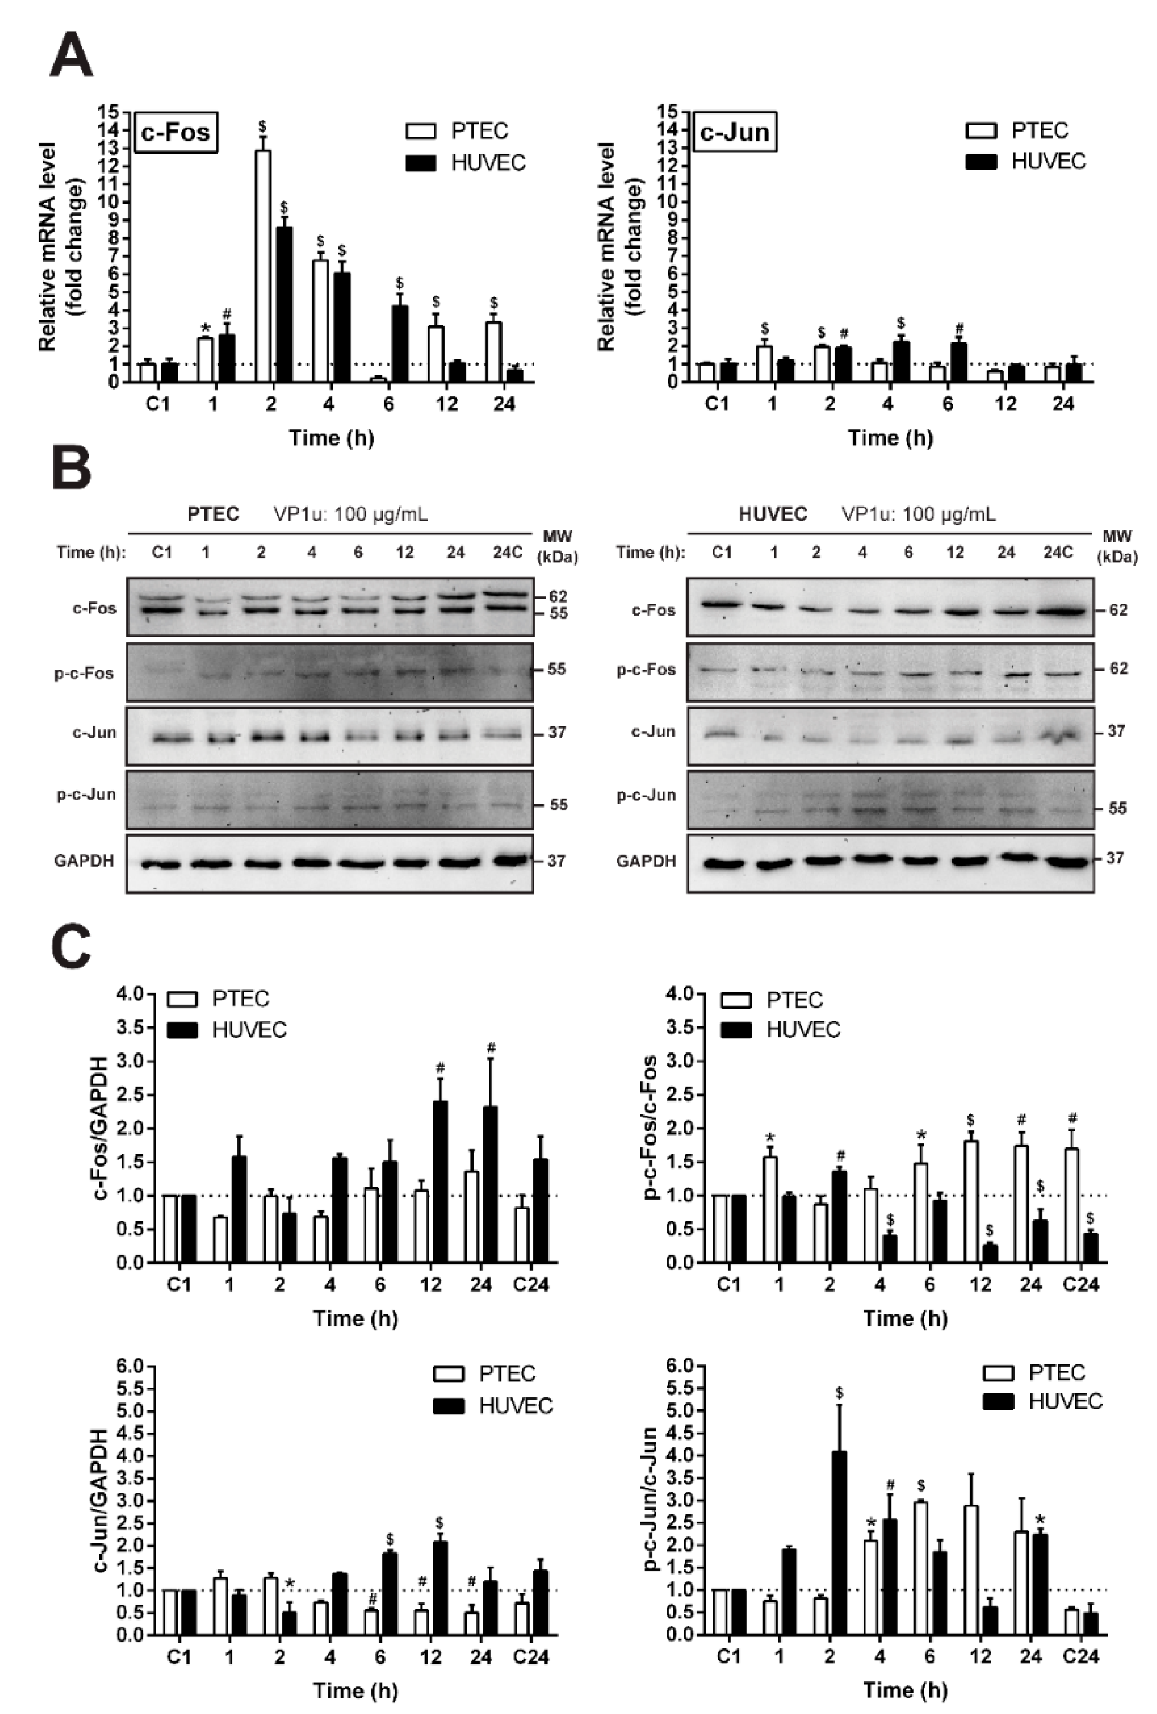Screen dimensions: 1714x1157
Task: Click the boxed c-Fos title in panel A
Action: pyautogui.click(x=176, y=132)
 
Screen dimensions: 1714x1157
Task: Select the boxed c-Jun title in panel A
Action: pyautogui.click(x=735, y=132)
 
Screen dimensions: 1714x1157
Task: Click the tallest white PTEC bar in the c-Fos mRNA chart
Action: pyautogui.click(x=263, y=266)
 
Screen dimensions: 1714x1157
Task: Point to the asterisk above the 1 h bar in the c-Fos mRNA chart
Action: pyautogui.click(x=206, y=328)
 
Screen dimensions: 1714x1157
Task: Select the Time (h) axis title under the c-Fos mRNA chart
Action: pyautogui.click(x=331, y=438)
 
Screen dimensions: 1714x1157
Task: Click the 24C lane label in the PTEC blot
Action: pyautogui.click(x=507, y=552)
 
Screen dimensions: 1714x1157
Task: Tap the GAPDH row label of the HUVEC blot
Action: pyautogui.click(x=646, y=861)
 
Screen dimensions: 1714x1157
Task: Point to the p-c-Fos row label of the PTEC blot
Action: pyautogui.click(x=84, y=673)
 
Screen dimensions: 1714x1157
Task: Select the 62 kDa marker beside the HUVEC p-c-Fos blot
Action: pyautogui.click(x=1118, y=668)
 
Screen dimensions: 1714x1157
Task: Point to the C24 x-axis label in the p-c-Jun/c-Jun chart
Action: pyautogui.click(x=1081, y=1657)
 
